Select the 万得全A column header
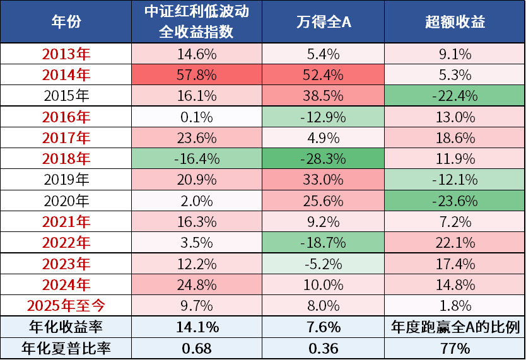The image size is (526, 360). pyautogui.click(x=323, y=22)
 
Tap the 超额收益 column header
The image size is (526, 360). pyautogui.click(x=455, y=22)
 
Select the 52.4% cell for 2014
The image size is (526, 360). pyautogui.click(x=323, y=75)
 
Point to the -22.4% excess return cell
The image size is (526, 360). pyautogui.click(x=455, y=96)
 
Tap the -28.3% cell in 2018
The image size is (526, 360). pyautogui.click(x=323, y=158)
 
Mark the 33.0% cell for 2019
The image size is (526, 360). pyautogui.click(x=323, y=180)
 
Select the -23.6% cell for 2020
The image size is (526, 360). pyautogui.click(x=455, y=200)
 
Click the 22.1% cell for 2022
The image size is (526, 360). pyautogui.click(x=455, y=243)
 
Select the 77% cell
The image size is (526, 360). pyautogui.click(x=455, y=348)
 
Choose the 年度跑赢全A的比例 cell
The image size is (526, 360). pyautogui.click(x=455, y=327)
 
